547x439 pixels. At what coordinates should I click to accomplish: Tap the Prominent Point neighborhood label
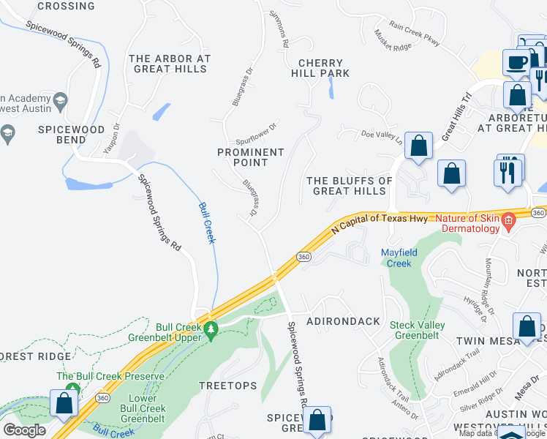tap(251, 157)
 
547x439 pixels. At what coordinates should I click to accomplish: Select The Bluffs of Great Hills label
tap(350, 186)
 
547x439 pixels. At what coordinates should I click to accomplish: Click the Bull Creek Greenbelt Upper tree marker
tap(211, 330)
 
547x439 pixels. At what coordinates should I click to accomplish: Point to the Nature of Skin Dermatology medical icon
tap(505, 228)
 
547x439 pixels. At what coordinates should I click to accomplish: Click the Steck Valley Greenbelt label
tap(417, 330)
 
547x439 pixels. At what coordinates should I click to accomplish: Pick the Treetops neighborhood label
tap(228, 385)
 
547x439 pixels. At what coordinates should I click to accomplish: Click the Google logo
tap(24, 430)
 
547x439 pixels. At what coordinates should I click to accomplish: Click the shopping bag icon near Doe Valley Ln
tap(419, 146)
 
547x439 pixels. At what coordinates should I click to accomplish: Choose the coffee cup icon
tap(516, 63)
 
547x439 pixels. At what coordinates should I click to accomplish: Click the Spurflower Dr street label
tap(257, 134)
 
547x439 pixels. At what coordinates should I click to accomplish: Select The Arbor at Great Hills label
tap(170, 64)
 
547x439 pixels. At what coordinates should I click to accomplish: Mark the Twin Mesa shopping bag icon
tap(527, 327)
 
